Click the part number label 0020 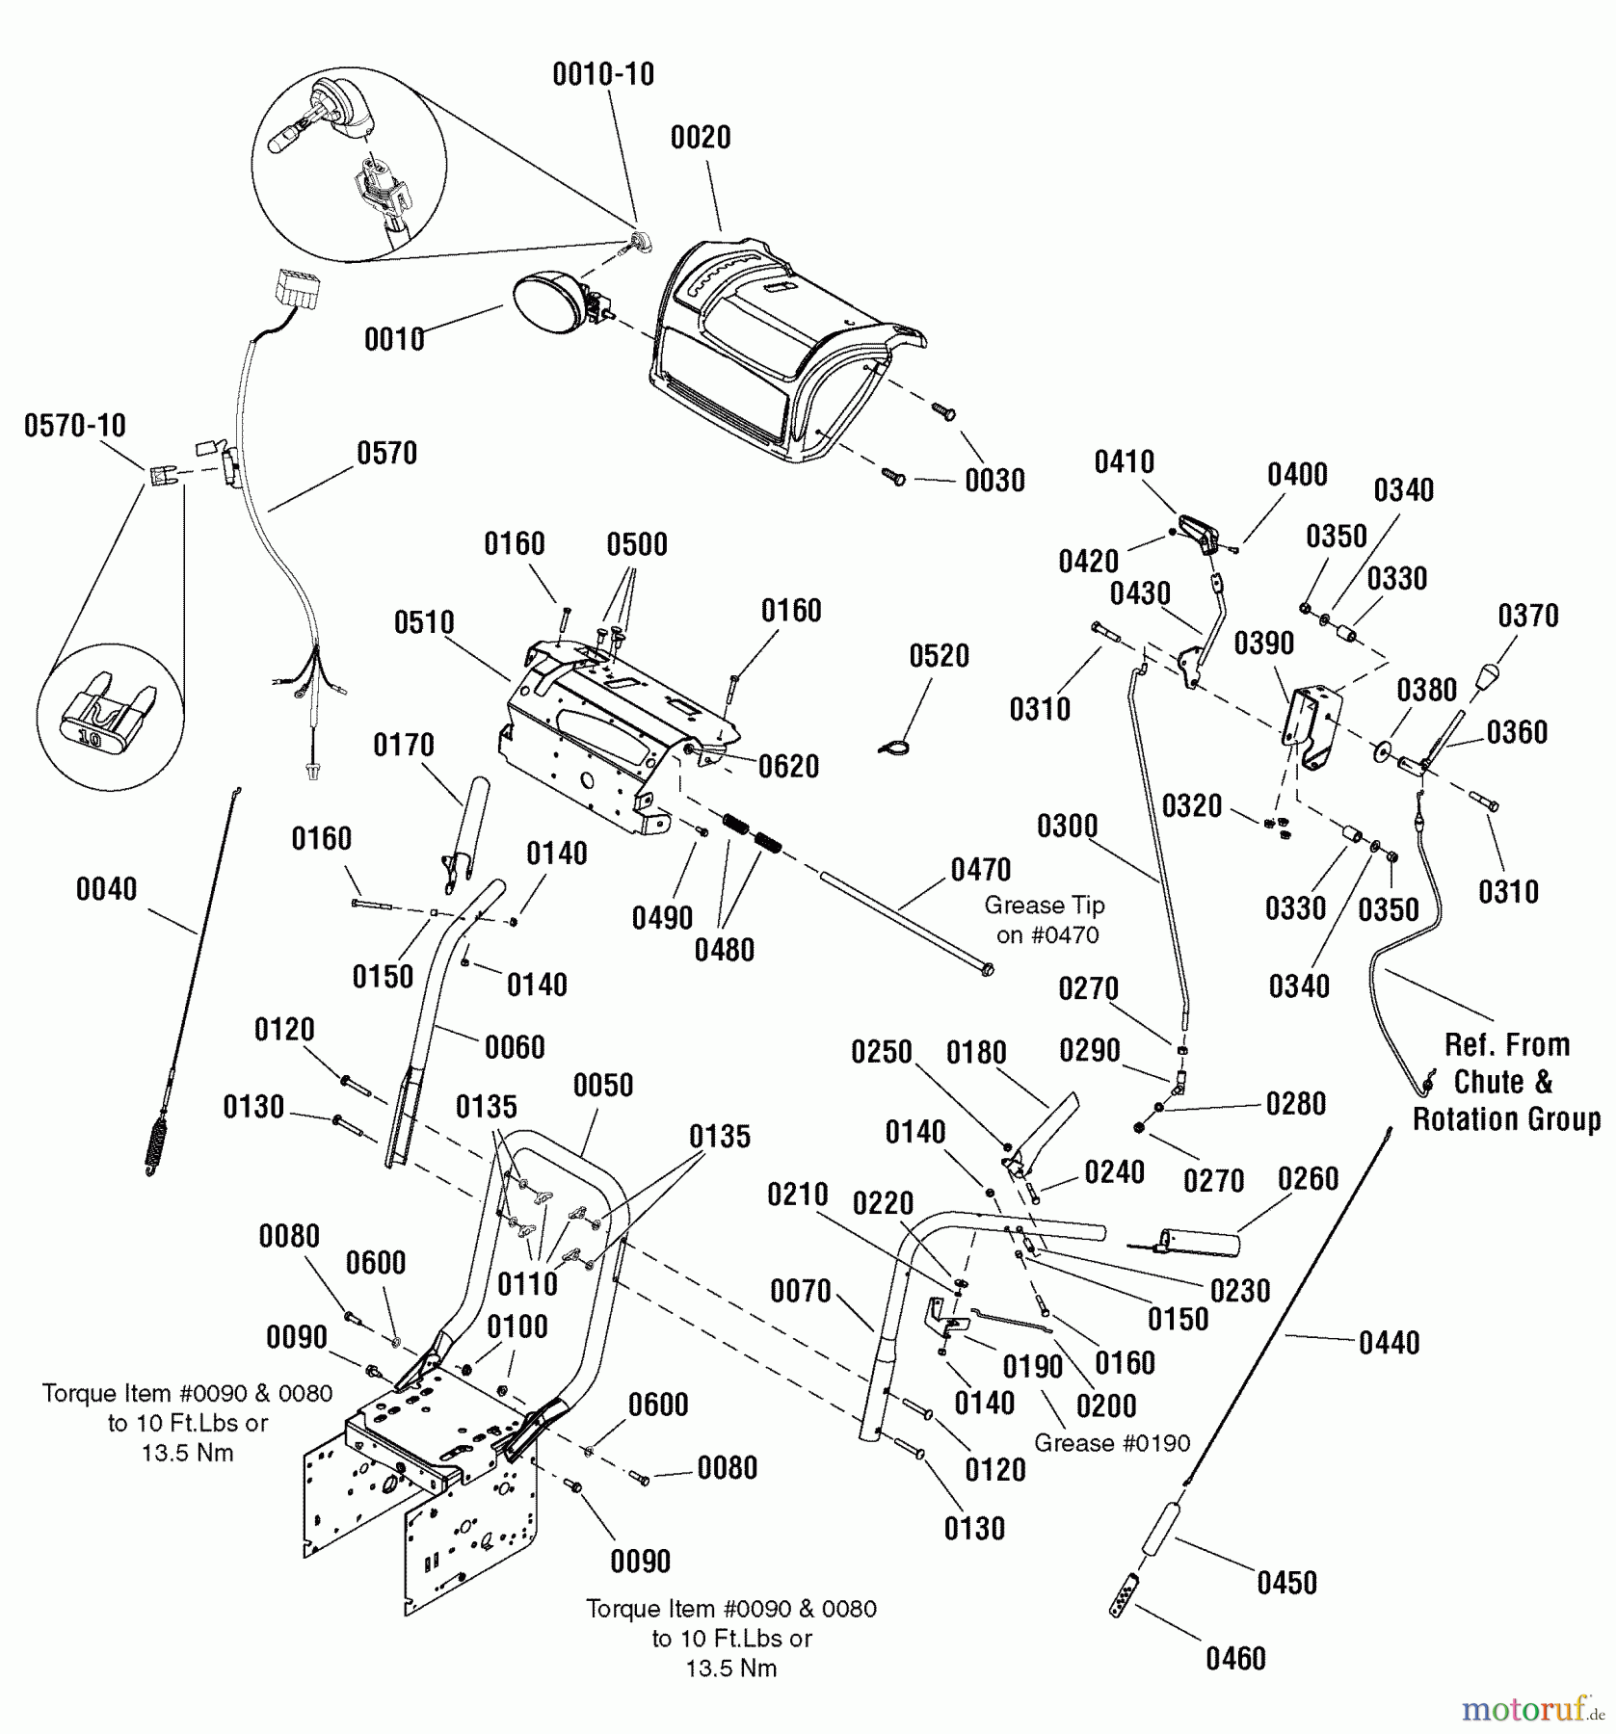(x=701, y=138)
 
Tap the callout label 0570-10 (x=75, y=426)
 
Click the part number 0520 (x=939, y=656)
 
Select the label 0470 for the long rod (x=981, y=870)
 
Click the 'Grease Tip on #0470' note (x=1045, y=920)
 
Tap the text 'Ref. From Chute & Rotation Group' (x=1506, y=1082)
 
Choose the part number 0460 (x=1235, y=1659)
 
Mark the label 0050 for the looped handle (x=603, y=1086)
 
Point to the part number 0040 (x=106, y=889)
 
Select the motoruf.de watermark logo (x=1532, y=1710)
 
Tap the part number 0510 (x=424, y=623)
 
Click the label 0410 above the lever (x=1124, y=462)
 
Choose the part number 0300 (x=1067, y=827)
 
